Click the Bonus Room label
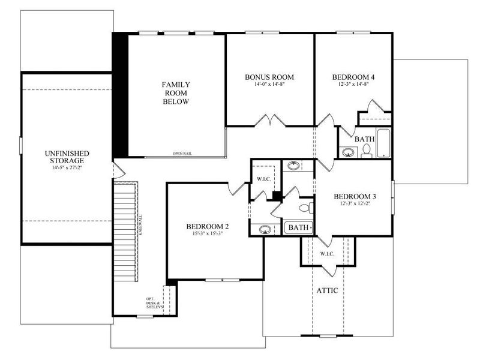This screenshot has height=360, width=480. click(x=269, y=77)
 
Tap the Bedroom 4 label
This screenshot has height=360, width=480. click(x=353, y=77)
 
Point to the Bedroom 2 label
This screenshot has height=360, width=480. click(x=207, y=226)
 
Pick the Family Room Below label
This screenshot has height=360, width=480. click(x=175, y=93)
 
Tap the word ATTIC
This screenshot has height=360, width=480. click(x=327, y=290)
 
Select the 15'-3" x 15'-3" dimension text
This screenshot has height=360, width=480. click(x=207, y=234)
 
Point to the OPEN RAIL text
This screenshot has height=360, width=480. click(x=182, y=153)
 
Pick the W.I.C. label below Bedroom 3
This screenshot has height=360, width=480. click(x=327, y=254)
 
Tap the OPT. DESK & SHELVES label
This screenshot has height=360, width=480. click(x=154, y=303)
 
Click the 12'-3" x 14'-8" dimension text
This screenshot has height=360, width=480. click(x=353, y=85)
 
